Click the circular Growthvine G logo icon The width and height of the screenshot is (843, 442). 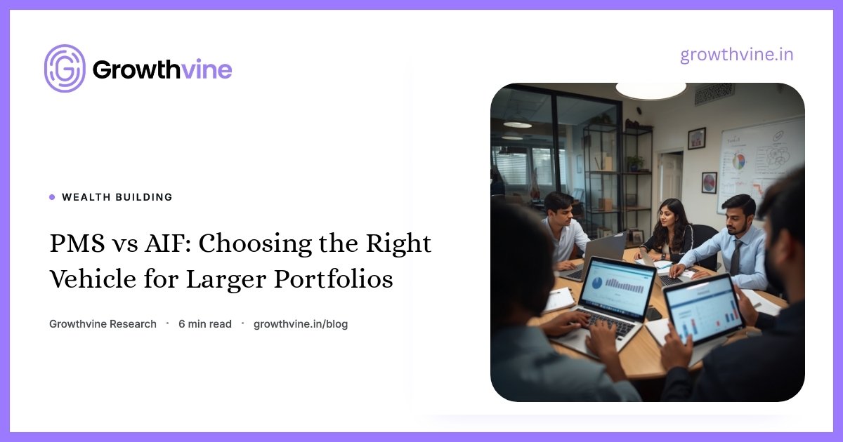tap(65, 69)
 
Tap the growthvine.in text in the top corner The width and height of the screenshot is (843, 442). tap(736, 55)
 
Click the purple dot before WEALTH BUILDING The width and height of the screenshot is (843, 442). tap(52, 197)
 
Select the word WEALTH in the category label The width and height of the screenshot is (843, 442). tap(86, 197)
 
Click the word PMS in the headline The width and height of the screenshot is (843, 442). tap(77, 243)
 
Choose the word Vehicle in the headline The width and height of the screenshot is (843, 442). tap(93, 279)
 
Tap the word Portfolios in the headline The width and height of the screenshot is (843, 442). tap(334, 279)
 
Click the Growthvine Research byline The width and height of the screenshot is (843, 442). tap(103, 324)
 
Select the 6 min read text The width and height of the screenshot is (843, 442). tap(205, 324)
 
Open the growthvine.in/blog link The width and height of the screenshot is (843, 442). tap(301, 324)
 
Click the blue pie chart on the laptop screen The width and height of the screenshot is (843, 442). tap(597, 283)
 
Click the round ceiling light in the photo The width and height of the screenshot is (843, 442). tap(651, 91)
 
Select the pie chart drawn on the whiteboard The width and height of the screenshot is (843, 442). tap(738, 161)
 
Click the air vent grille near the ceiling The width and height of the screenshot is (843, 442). tap(714, 93)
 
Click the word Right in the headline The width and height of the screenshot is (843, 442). tap(398, 243)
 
